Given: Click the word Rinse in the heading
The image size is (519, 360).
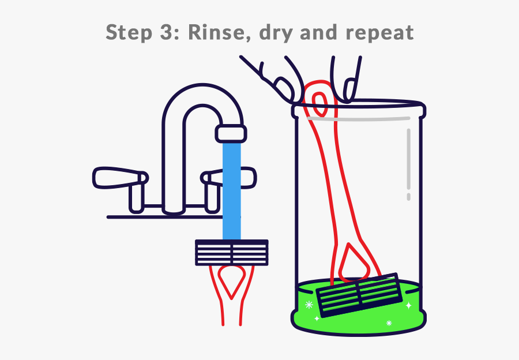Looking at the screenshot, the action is coord(218,32).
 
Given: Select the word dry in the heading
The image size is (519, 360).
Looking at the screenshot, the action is coord(276,33).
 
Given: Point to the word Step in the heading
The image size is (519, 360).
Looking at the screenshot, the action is coord(129,32).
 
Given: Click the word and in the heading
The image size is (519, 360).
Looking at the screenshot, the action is coord(318,32).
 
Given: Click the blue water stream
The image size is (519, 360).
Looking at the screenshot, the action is coord(231,190).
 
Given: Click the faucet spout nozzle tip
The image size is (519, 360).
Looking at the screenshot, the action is coord(231,133).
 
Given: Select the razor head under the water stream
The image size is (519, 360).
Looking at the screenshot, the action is coord(232,253).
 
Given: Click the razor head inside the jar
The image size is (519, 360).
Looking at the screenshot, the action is coord(359,295).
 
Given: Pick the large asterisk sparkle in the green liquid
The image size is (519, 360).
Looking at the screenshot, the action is coord(309,305).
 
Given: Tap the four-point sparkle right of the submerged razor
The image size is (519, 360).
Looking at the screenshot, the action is coord(409,305).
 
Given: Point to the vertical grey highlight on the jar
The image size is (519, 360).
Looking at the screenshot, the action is coord(409,164).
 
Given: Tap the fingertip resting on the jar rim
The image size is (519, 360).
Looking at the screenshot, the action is coord(348,89).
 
